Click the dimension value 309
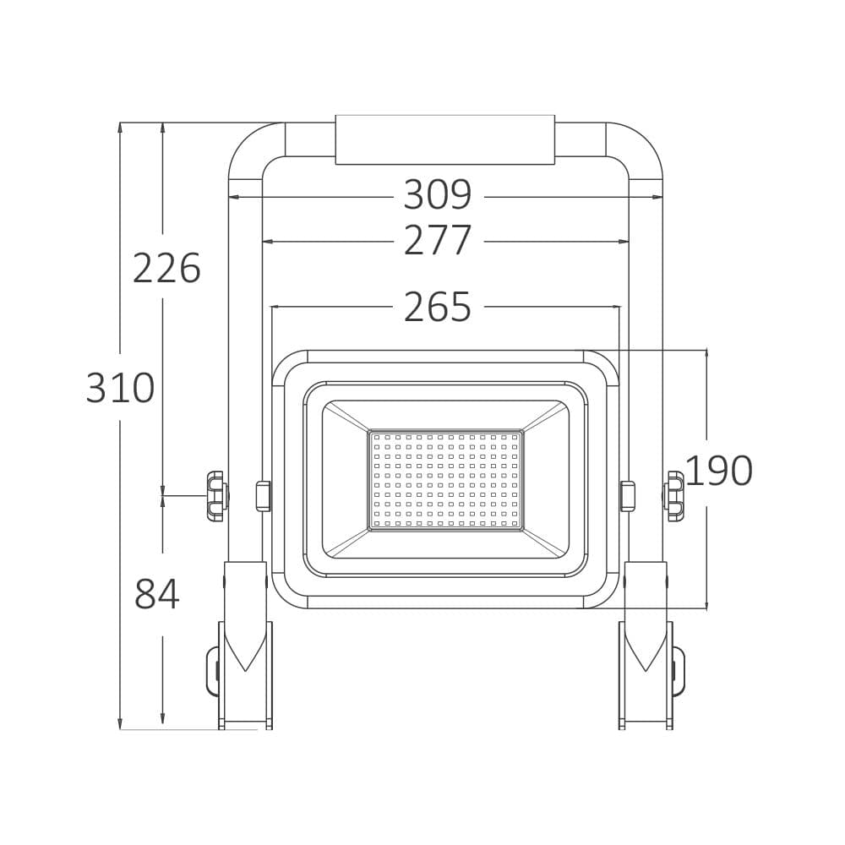pyautogui.click(x=437, y=195)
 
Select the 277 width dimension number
pyautogui.click(x=437, y=241)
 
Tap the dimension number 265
pyautogui.click(x=437, y=308)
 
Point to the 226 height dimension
pyautogui.click(x=166, y=269)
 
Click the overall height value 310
pyautogui.click(x=120, y=389)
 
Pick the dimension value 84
pyautogui.click(x=157, y=595)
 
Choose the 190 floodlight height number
pyautogui.click(x=718, y=472)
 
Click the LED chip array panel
pyautogui.click(x=445, y=480)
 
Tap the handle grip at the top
pyautogui.click(x=444, y=139)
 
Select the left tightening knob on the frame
pyautogui.click(x=216, y=496)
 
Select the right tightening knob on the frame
pyautogui.click(x=674, y=496)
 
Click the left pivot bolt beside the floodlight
pyautogui.click(x=263, y=496)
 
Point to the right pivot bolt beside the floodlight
pyautogui.click(x=627, y=496)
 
